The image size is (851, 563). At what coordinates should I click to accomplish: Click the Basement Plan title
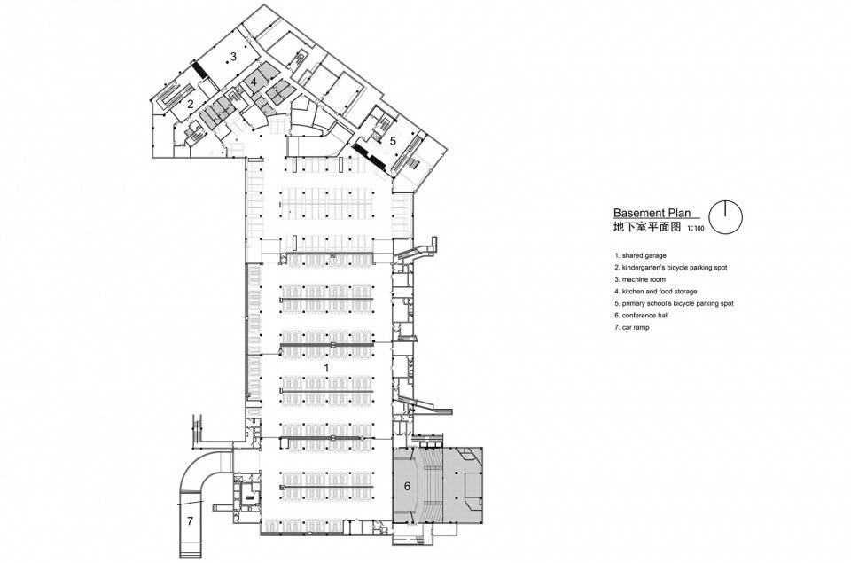[x=652, y=213]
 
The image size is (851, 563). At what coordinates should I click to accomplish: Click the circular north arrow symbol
[x=726, y=218]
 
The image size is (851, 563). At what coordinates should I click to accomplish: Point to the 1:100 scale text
[x=696, y=229]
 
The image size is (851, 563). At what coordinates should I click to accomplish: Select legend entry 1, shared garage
[x=640, y=255]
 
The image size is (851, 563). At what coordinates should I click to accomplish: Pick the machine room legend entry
[x=640, y=279]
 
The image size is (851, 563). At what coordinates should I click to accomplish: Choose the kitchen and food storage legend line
[x=656, y=292]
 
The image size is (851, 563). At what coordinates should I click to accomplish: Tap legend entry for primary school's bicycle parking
[x=674, y=303]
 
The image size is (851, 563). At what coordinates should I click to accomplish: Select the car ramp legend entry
[x=632, y=327]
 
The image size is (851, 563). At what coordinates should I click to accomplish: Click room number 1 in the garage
[x=326, y=368]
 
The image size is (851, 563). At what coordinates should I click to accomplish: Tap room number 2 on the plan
[x=191, y=105]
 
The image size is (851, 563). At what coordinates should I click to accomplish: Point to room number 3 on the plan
[x=233, y=56]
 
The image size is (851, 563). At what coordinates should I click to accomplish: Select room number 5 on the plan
[x=393, y=139]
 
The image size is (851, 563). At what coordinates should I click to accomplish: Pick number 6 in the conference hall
[x=407, y=487]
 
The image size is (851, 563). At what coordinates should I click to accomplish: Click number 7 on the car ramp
[x=190, y=521]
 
